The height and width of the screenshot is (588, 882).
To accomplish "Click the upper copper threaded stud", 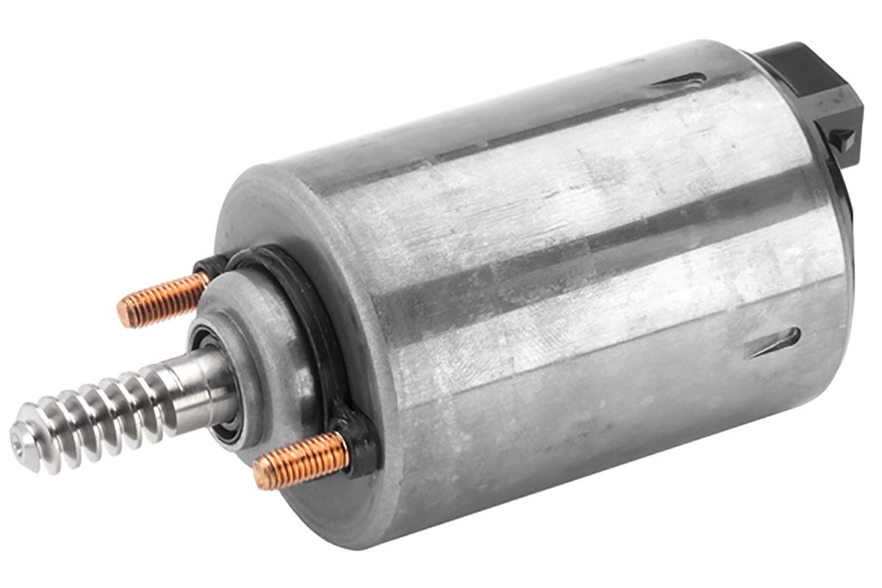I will (x=165, y=298).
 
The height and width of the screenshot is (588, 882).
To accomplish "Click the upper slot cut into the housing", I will (x=680, y=79).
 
